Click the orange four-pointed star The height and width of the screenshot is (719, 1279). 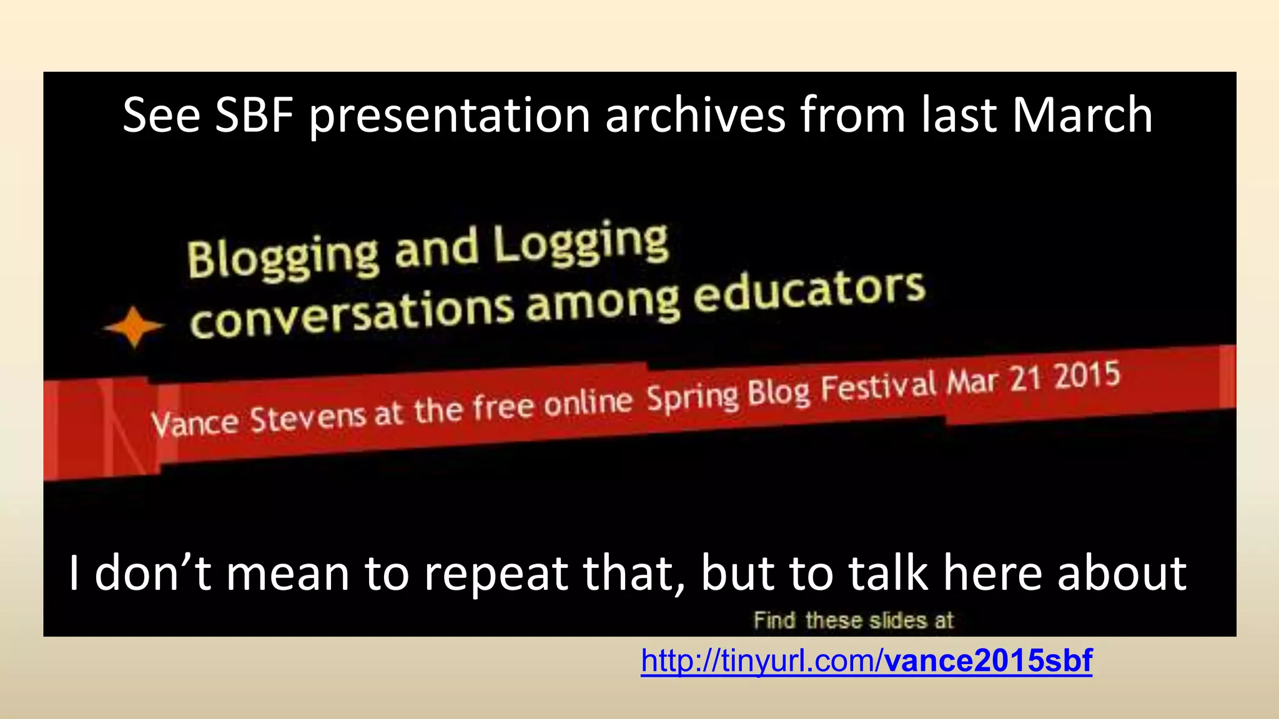click(134, 326)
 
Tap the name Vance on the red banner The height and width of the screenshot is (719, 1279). click(194, 423)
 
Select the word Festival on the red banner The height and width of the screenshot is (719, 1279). click(878, 386)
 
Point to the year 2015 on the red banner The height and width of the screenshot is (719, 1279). click(1087, 376)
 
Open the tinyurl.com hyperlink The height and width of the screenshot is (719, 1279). click(762, 660)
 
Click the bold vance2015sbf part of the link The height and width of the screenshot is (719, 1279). click(988, 660)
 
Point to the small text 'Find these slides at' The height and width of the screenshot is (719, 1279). click(853, 620)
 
